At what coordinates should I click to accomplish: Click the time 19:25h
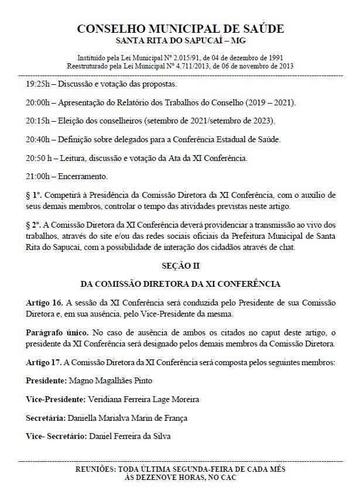pyautogui.click(x=37, y=84)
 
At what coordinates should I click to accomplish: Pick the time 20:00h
pyautogui.click(x=37, y=102)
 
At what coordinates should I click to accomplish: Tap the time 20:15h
pyautogui.click(x=37, y=121)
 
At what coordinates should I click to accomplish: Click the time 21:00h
pyautogui.click(x=37, y=176)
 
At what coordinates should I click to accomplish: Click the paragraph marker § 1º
pyautogui.click(x=33, y=195)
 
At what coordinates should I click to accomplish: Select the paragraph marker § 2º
pyautogui.click(x=33, y=226)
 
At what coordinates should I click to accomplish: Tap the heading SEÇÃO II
pyautogui.click(x=180, y=265)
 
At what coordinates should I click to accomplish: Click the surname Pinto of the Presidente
pyautogui.click(x=142, y=380)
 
